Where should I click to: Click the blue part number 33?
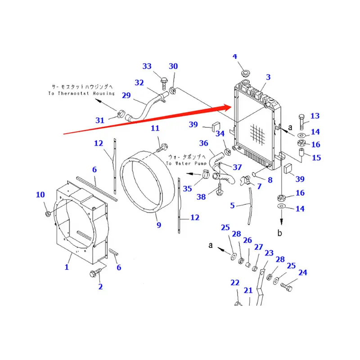pyautogui.click(x=147, y=67)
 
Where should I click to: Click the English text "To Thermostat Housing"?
pyautogui.click(x=81, y=94)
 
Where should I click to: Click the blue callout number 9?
pyautogui.click(x=158, y=225)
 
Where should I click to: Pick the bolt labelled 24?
pyautogui.click(x=288, y=285)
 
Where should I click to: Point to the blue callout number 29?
pyautogui.click(x=126, y=95)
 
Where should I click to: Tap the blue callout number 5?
pyautogui.click(x=233, y=206)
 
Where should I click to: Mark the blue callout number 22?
pyautogui.click(x=235, y=283)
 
